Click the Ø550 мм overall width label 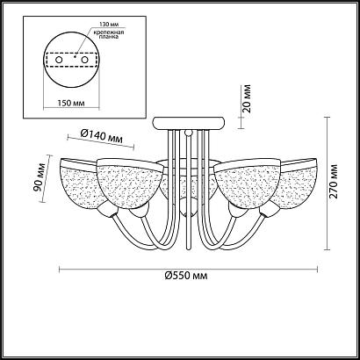(x=186, y=276)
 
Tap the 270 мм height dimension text (x=334, y=182)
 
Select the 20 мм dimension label (x=247, y=98)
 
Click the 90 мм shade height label (x=40, y=177)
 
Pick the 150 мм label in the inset (x=71, y=103)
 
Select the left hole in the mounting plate (x=59, y=60)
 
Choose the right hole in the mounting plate (x=85, y=60)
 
